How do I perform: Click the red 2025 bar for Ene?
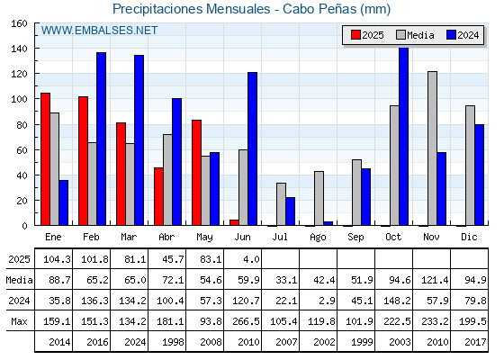click(45, 159)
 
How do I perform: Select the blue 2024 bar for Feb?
click(101, 139)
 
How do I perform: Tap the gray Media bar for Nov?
click(432, 148)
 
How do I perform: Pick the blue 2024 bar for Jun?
click(252, 148)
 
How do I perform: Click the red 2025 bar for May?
click(196, 173)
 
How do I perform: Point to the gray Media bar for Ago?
click(319, 198)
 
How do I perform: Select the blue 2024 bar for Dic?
click(479, 175)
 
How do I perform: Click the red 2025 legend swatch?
click(355, 35)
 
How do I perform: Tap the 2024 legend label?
click(468, 35)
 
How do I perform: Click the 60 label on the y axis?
click(22, 150)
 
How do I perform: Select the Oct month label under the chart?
click(393, 238)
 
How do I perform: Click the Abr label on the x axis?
click(166, 238)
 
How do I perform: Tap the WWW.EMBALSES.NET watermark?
click(99, 31)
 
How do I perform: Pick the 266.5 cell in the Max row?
click(246, 321)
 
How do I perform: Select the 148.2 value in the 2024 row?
click(397, 301)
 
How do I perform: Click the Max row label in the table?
click(19, 321)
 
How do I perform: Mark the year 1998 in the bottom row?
click(173, 342)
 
